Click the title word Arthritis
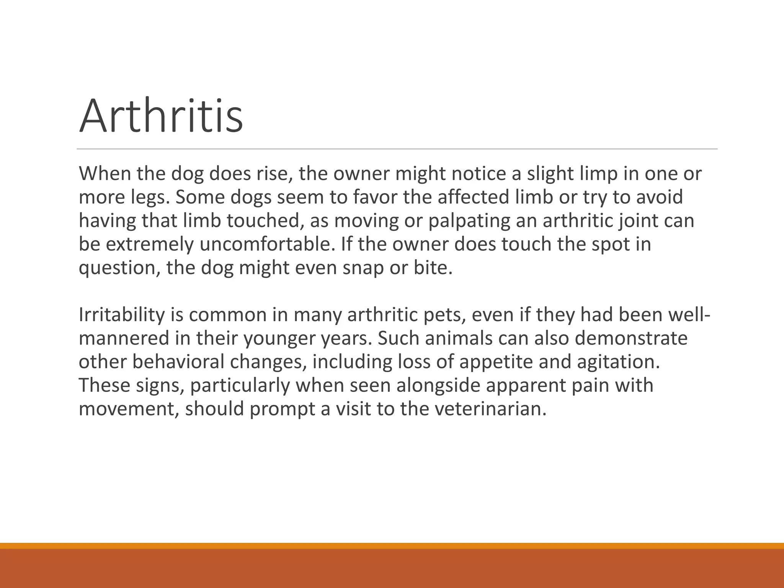(161, 116)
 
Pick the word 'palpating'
(469, 221)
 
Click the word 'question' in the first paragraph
(119, 268)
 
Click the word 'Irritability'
(121, 315)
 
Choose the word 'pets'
(443, 315)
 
